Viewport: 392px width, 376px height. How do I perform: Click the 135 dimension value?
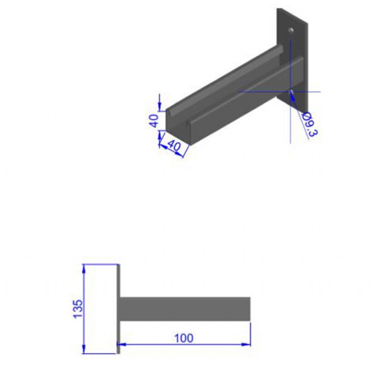pyautogui.click(x=78, y=309)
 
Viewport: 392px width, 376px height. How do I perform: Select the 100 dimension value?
pyautogui.click(x=184, y=338)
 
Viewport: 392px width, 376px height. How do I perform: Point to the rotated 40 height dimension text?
pyautogui.click(x=155, y=120)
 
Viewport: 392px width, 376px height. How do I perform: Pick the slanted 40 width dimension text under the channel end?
pyautogui.click(x=174, y=145)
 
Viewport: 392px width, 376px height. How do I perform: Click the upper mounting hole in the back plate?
pyautogui.click(x=291, y=30)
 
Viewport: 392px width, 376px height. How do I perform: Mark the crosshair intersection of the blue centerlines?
pyautogui.click(x=291, y=91)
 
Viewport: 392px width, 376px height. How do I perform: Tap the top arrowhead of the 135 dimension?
pyautogui.click(x=84, y=268)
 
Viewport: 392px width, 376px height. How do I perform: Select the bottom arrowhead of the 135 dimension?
pyautogui.click(x=84, y=349)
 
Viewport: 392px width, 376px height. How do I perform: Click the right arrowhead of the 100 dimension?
pyautogui.click(x=246, y=345)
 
